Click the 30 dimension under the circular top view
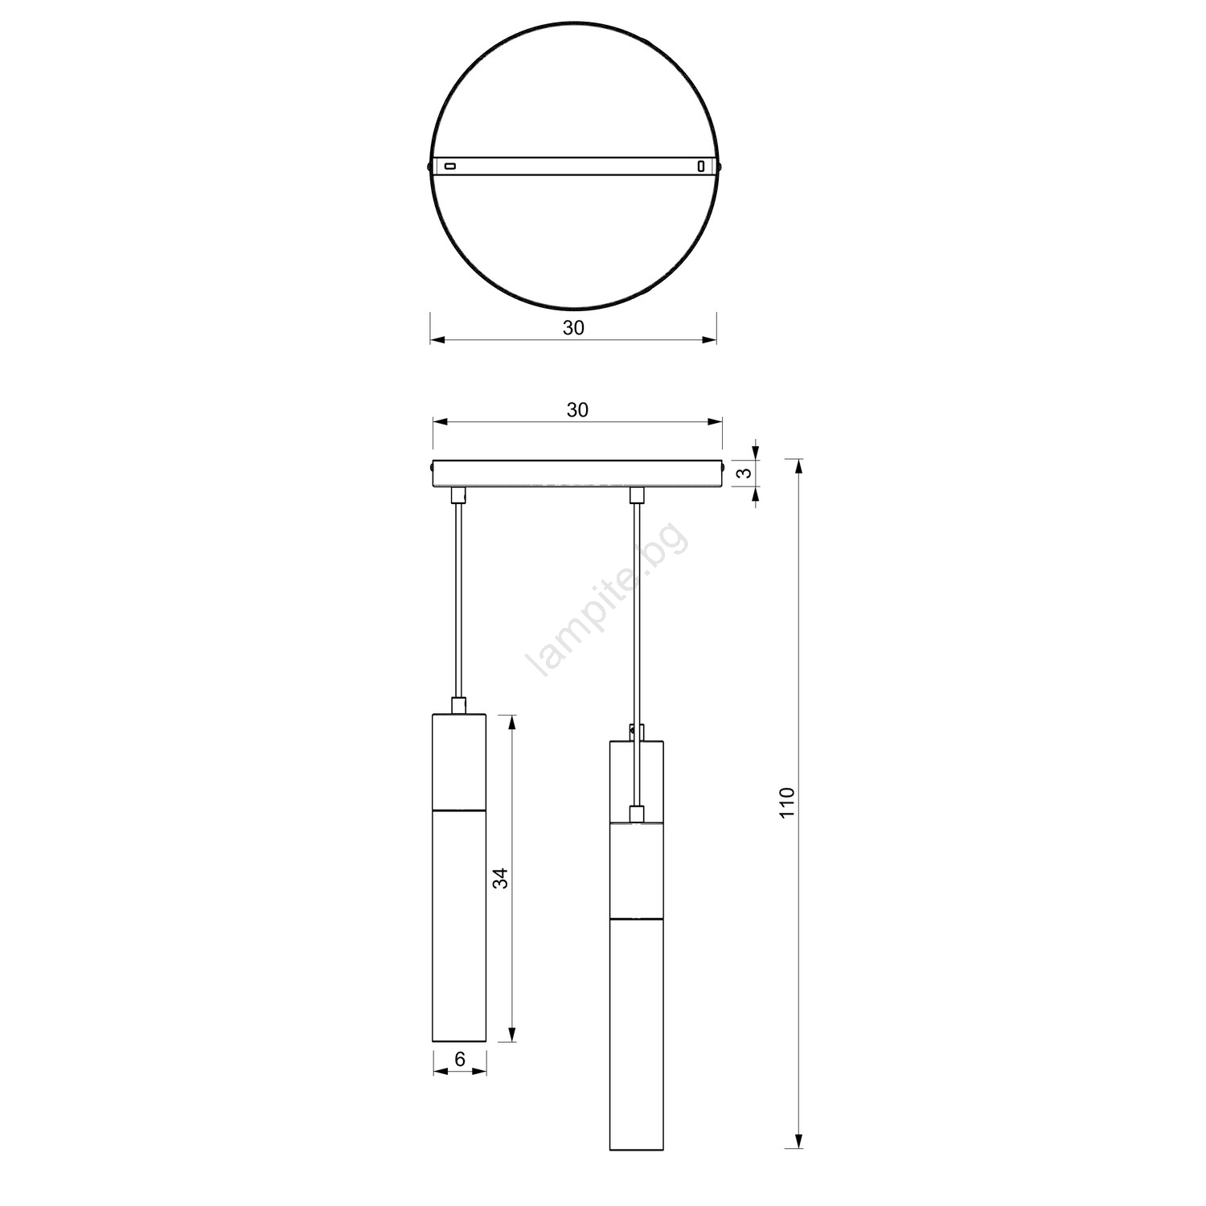(573, 328)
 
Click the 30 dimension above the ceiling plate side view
(577, 410)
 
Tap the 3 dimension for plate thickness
(747, 472)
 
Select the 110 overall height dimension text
(787, 803)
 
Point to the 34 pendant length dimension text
(501, 878)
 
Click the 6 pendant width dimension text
(460, 1059)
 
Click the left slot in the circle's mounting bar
(450, 166)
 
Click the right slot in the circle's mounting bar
(701, 166)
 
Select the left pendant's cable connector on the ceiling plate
(458, 494)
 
